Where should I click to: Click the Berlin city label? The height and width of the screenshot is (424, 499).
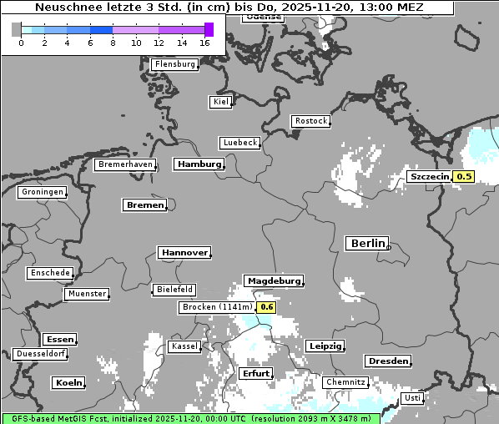(367, 244)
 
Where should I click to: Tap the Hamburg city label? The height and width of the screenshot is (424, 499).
(199, 164)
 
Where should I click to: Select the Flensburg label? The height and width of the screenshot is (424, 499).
(175, 64)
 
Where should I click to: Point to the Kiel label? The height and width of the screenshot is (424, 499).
(220, 102)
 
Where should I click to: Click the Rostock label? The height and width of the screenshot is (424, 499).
(310, 121)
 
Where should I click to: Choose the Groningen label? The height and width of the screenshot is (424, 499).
(42, 192)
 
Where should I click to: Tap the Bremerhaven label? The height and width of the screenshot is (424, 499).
(125, 165)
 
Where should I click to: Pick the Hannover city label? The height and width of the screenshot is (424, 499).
(184, 252)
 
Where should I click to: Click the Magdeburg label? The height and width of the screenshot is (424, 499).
(273, 281)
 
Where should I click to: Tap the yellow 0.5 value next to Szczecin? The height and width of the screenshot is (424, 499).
(464, 176)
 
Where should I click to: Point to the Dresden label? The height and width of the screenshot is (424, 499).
(387, 361)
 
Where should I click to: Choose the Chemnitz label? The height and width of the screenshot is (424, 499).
(346, 382)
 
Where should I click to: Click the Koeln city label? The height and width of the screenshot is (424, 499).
(68, 383)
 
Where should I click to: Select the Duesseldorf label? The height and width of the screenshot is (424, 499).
(40, 354)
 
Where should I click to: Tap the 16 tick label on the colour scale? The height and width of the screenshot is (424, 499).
(205, 43)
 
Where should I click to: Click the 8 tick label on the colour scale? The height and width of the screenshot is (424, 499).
(112, 43)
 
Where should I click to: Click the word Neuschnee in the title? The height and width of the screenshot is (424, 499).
(66, 8)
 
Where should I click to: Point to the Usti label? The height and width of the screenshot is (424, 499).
(412, 398)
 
